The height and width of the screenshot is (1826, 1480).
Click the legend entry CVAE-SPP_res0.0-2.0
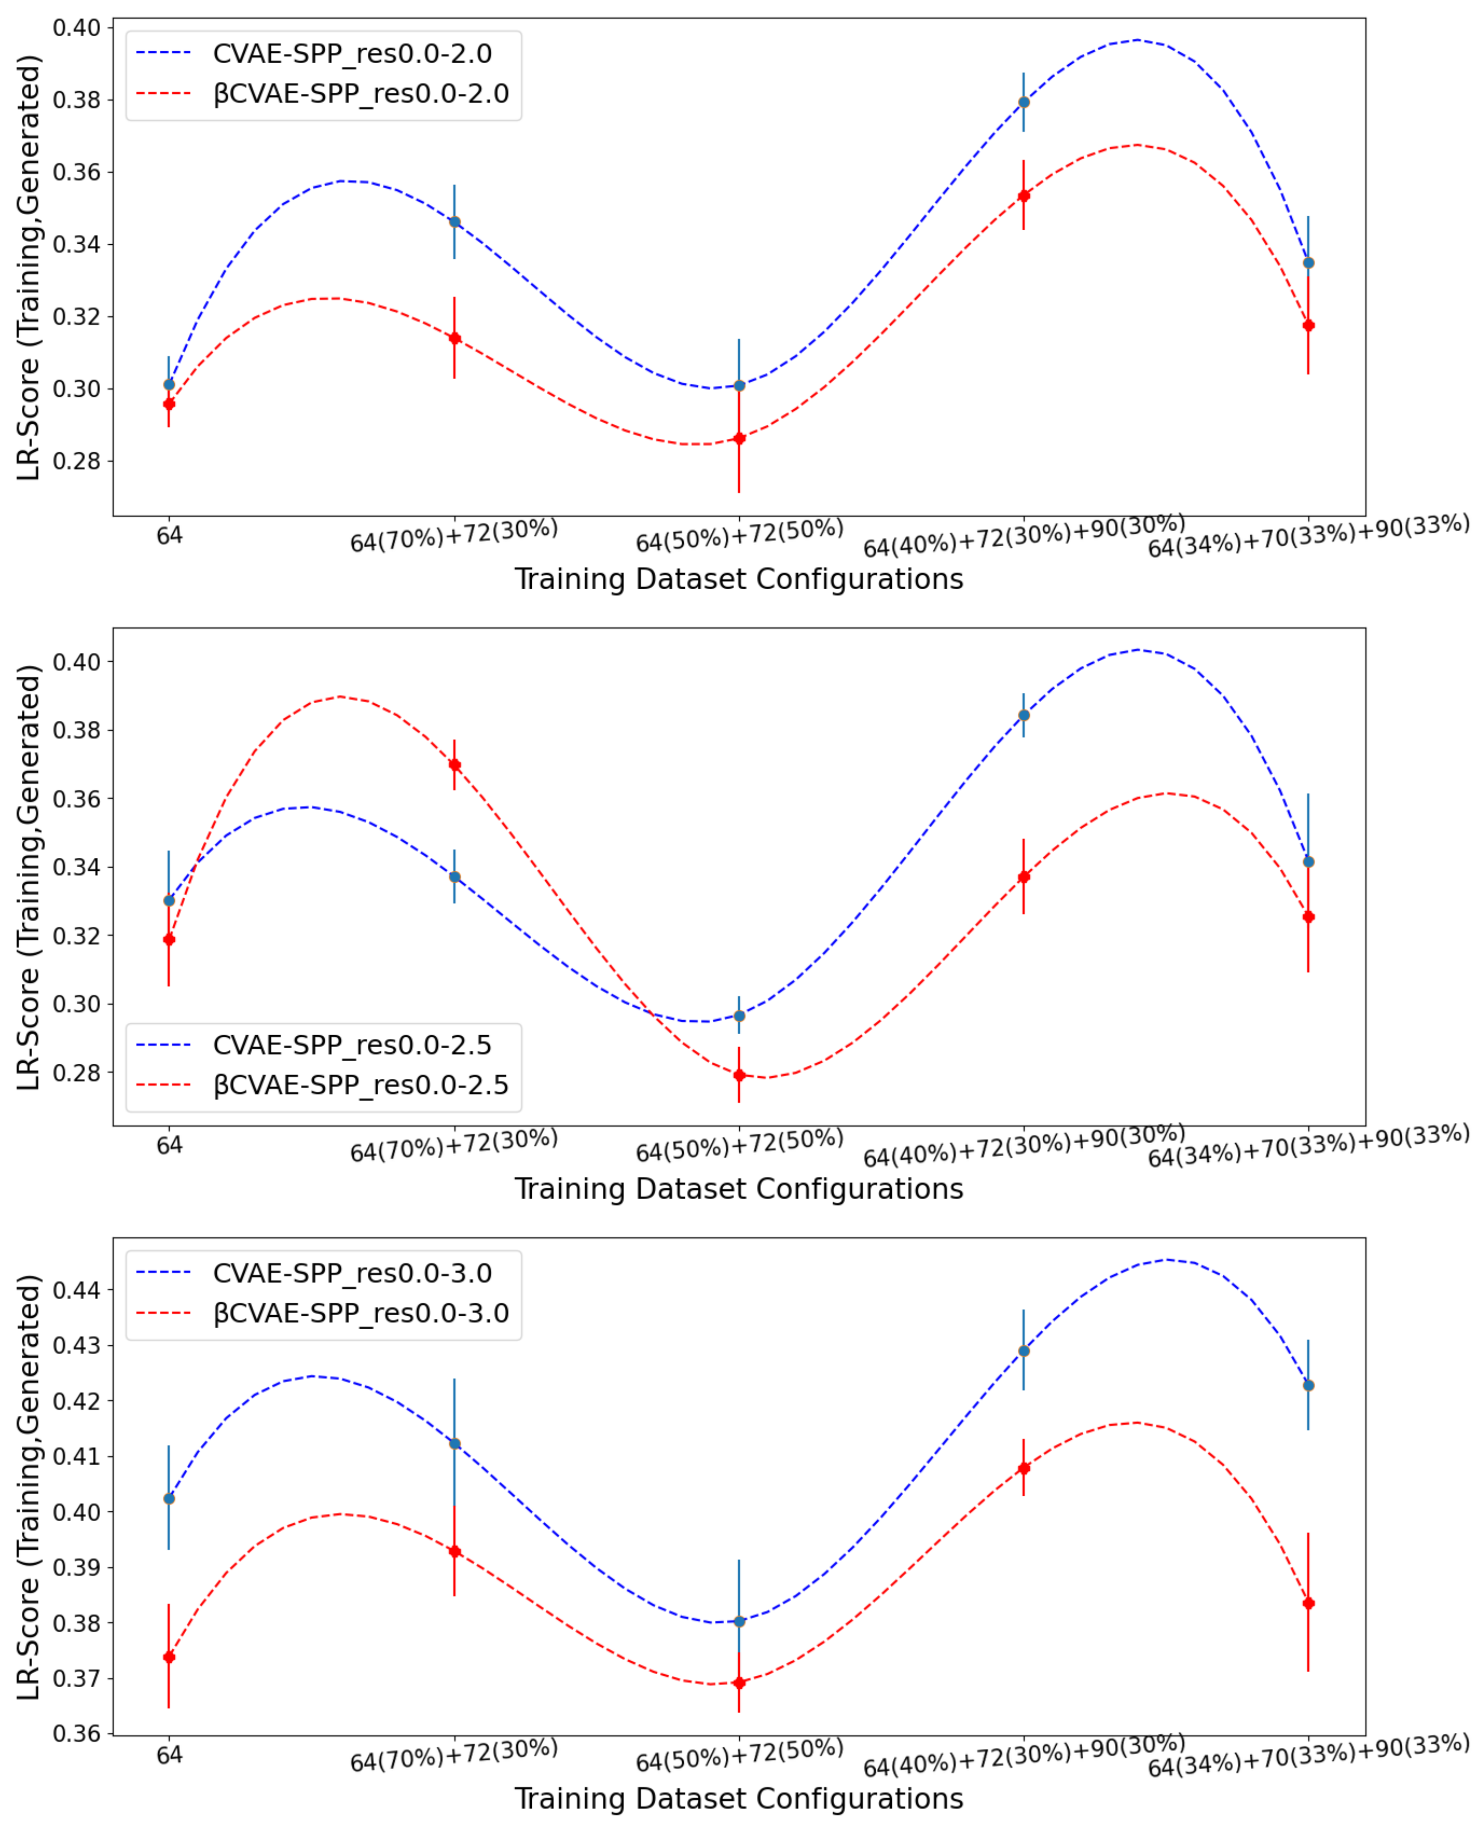click(x=351, y=54)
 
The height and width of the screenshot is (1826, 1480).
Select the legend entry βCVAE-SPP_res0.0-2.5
click(x=360, y=1085)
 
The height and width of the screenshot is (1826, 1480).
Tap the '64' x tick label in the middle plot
click(x=169, y=1145)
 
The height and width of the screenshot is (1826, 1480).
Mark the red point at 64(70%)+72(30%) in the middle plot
click(x=454, y=765)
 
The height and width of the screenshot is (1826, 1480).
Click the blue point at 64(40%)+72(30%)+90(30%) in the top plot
click(x=1024, y=102)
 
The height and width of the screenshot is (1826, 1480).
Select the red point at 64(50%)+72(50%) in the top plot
click(x=739, y=438)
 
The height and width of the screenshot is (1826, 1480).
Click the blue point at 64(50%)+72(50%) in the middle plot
click(x=739, y=1016)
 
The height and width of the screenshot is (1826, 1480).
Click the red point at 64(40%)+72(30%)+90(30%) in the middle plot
click(x=1024, y=876)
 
